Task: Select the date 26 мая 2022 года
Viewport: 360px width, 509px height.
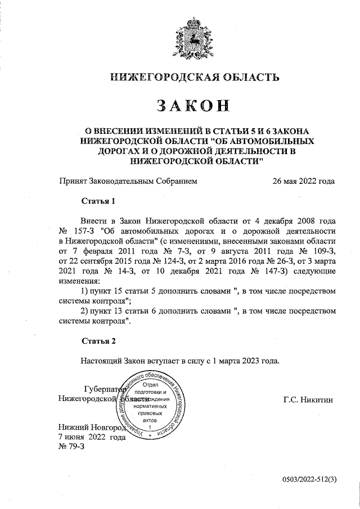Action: pos(303,181)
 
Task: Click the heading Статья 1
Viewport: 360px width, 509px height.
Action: pos(98,201)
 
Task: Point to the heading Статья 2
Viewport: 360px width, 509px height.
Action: pos(98,341)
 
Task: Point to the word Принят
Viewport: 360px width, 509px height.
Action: pos(73,181)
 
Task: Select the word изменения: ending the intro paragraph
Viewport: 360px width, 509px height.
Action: pos(80,281)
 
